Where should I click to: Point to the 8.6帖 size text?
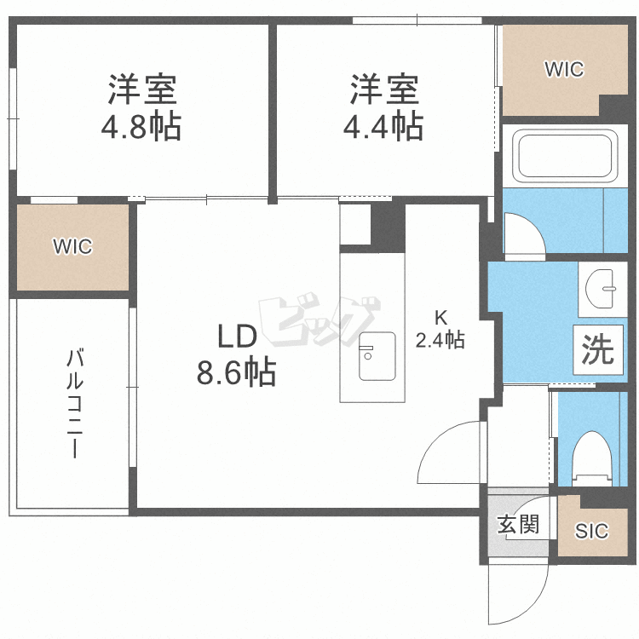coord(236,372)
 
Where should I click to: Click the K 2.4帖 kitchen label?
coord(440,329)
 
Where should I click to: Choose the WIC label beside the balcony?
coord(72,247)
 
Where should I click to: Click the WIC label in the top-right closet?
coord(565,69)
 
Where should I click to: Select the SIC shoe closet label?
coord(590,532)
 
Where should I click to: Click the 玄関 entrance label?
coord(518,524)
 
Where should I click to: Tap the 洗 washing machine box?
coord(598,350)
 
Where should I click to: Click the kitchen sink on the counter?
coord(376,356)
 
